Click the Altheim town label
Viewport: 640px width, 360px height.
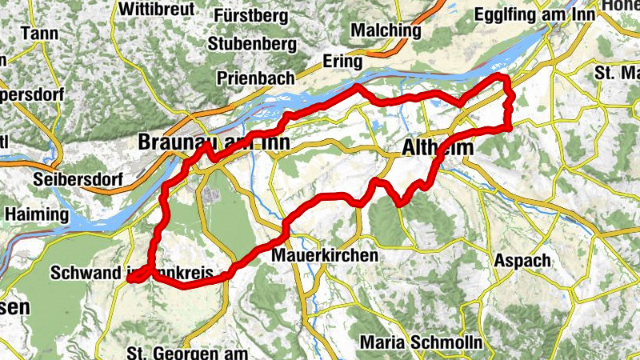click(x=438, y=149)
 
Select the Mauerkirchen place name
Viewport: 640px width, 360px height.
click(x=325, y=256)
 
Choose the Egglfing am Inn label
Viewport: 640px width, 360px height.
click(x=548, y=14)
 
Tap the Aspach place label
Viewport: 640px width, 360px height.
click(x=522, y=261)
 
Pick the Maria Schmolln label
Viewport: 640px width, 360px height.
click(x=421, y=342)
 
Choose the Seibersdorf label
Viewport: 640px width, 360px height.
click(x=77, y=177)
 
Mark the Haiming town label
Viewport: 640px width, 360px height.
click(x=37, y=214)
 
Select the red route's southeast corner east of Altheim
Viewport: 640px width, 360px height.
click(x=509, y=126)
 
